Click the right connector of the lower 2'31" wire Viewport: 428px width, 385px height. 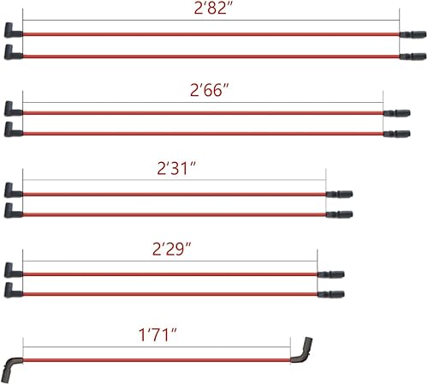[340, 214]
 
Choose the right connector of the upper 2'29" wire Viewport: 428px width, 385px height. [330, 274]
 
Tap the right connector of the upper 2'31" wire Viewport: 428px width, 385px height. [340, 194]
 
